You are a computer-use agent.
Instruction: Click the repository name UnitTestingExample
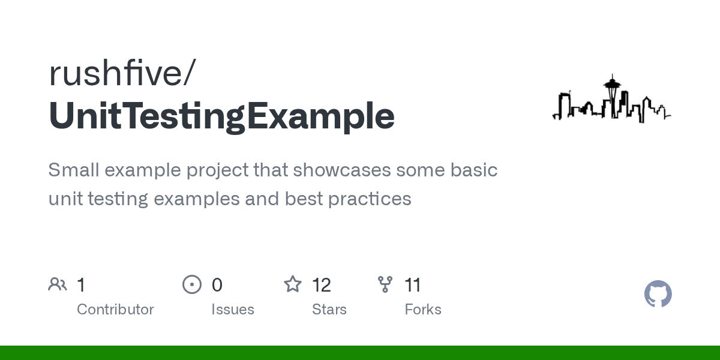221,116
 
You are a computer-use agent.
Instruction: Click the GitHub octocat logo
658,294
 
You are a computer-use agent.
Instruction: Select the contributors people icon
58,284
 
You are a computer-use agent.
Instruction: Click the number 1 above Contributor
81,285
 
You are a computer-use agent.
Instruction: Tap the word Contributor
115,310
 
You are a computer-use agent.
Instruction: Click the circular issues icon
191,284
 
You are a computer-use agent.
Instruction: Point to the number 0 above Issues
217,285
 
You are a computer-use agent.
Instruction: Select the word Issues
232,310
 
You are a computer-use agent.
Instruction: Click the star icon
292,284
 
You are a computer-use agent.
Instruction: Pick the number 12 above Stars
322,285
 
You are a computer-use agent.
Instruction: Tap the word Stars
329,310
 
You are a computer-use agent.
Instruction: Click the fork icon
385,284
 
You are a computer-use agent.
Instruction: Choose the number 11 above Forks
413,285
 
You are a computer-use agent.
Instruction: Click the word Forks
422,310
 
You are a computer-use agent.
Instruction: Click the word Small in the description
73,170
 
